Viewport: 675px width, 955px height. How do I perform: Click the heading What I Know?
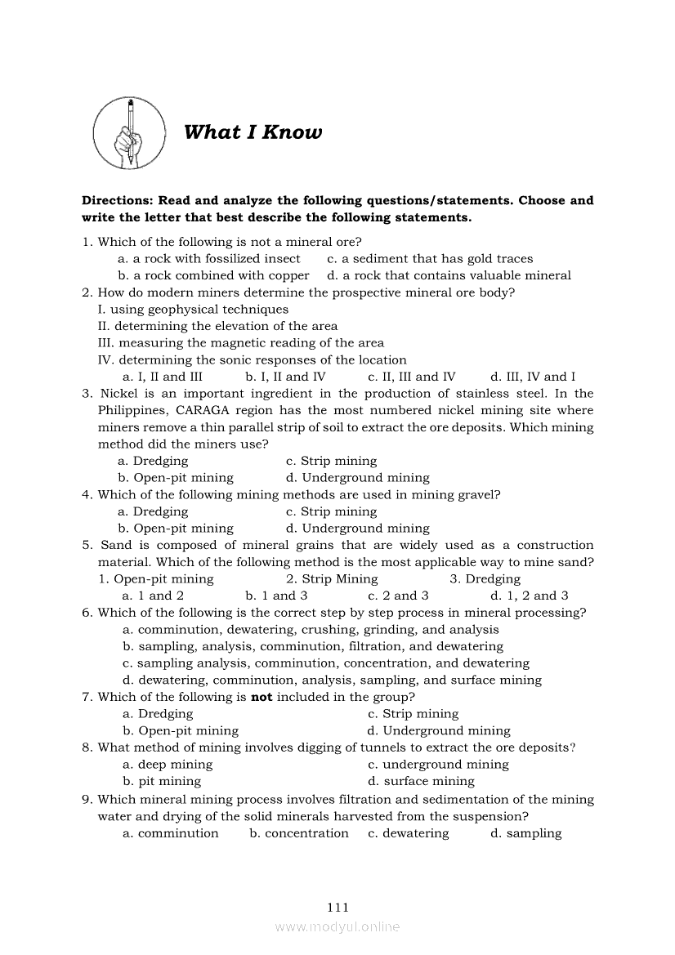[253, 132]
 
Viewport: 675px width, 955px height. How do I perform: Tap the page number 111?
[337, 907]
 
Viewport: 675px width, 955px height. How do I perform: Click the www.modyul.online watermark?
[337, 926]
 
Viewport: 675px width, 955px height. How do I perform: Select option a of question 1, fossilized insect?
[209, 259]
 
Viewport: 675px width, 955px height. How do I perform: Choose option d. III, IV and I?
[532, 377]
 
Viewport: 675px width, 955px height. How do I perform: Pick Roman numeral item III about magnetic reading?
[240, 343]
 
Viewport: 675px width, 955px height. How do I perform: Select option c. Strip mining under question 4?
[331, 511]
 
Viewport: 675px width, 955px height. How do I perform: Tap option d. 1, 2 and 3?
[529, 596]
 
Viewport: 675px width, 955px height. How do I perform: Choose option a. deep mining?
[168, 765]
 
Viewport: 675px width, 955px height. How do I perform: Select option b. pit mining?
[162, 781]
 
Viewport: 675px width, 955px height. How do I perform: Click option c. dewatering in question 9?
[408, 833]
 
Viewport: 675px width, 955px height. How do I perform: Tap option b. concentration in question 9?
[299, 833]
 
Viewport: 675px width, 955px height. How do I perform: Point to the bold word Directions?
[117, 200]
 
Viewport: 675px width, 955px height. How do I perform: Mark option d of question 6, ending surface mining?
[332, 680]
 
